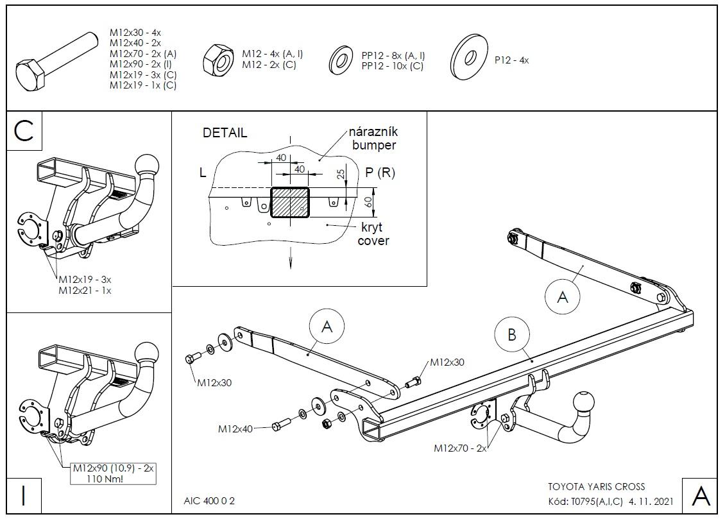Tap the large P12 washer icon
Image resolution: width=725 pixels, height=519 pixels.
click(466, 57)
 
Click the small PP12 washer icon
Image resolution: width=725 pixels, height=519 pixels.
click(342, 60)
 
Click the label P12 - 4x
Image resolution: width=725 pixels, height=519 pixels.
click(511, 60)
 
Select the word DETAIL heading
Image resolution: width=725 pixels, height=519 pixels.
click(225, 133)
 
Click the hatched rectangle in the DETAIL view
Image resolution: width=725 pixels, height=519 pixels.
click(290, 202)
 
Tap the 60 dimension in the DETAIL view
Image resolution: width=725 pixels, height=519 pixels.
click(368, 202)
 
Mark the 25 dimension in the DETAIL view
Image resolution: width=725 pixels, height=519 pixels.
click(341, 174)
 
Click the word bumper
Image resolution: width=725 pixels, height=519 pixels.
click(374, 145)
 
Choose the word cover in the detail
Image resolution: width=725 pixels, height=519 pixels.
click(373, 241)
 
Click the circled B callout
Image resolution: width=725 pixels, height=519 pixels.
click(512, 334)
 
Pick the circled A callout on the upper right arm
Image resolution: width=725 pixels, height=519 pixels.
click(562, 296)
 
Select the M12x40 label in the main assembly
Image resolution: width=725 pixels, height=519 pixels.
click(235, 429)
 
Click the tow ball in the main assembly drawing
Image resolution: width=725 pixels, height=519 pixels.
click(584, 404)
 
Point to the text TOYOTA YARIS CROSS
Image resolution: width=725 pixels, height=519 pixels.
click(597, 487)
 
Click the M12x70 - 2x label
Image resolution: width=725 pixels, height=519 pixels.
click(460, 448)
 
